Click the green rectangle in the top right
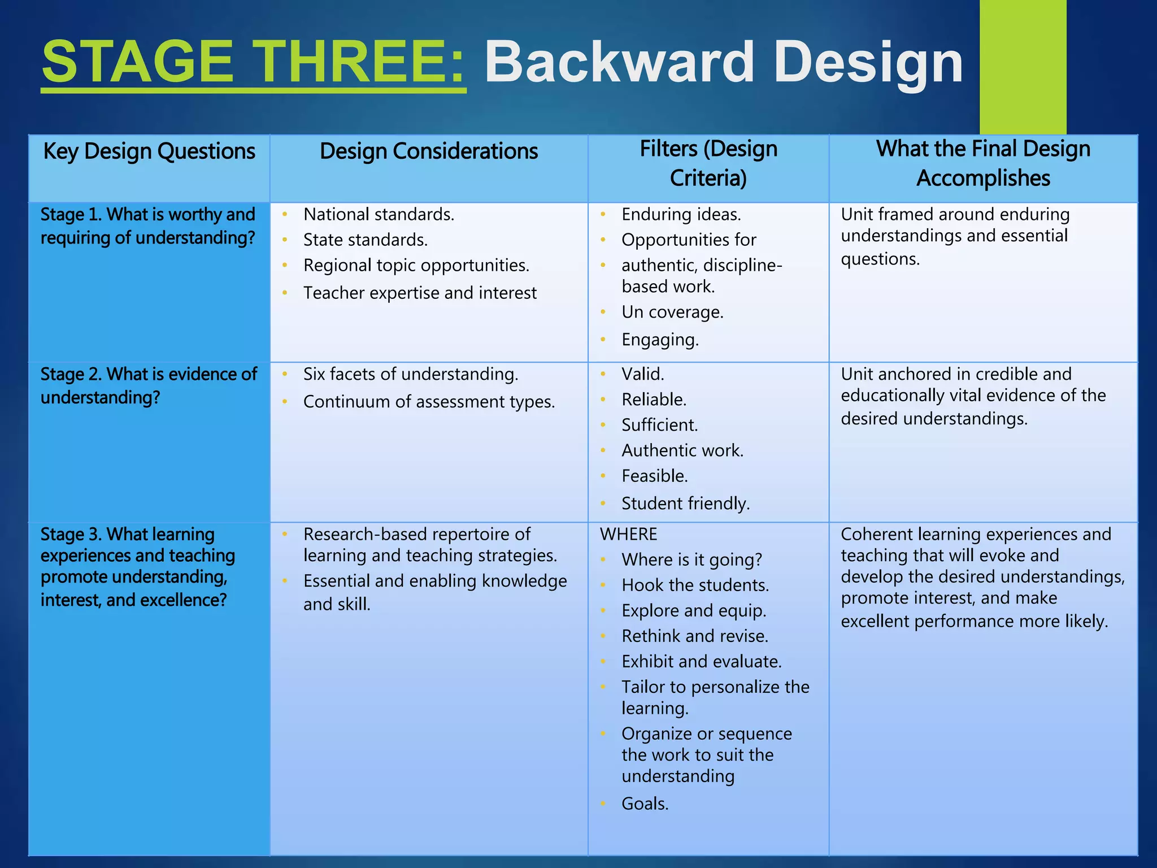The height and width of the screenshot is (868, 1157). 1023,67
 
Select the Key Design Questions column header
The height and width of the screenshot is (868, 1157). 149,151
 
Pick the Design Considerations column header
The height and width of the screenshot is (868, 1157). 428,151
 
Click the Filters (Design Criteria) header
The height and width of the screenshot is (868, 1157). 708,164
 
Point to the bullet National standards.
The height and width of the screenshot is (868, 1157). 379,215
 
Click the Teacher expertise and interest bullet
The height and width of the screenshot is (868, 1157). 419,293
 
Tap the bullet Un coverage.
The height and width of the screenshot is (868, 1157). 672,312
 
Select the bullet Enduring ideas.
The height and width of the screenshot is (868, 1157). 681,215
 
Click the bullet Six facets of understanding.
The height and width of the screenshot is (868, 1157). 410,374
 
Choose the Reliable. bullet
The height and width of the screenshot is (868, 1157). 654,400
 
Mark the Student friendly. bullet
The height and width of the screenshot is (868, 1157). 685,503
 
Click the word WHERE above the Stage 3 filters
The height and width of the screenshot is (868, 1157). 628,534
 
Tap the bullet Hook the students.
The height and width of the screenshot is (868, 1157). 695,585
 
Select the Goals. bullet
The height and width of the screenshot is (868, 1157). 645,803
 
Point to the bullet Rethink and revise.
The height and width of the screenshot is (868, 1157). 694,636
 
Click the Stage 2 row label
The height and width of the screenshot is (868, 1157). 148,385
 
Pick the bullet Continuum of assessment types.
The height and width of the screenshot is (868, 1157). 428,402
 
